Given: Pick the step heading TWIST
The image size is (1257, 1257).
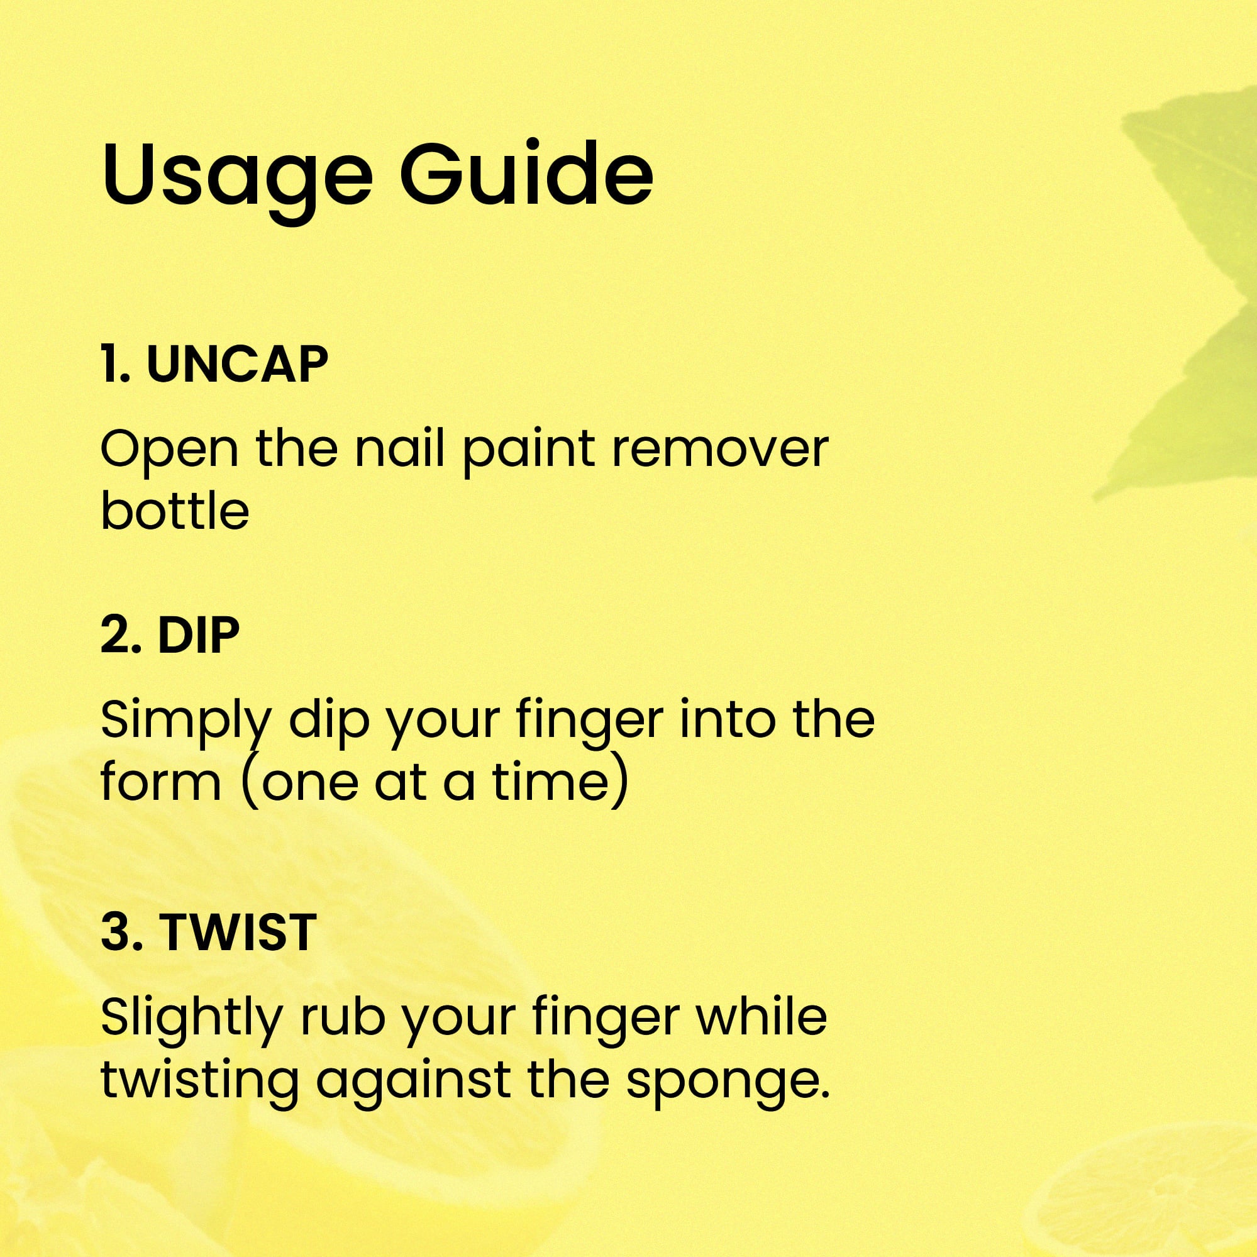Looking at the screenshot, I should click(x=238, y=932).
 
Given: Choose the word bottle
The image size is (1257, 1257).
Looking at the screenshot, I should click(x=175, y=511).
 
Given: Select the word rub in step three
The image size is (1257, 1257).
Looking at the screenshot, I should click(x=341, y=1018).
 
